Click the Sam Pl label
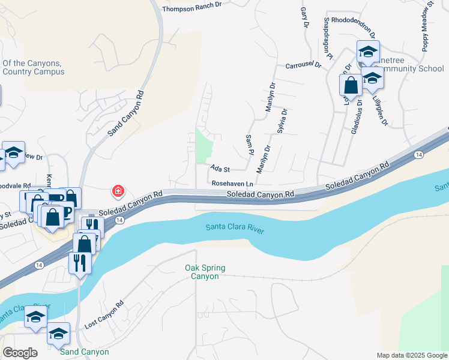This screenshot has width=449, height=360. (249, 143)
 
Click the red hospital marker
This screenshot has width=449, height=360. (118, 191)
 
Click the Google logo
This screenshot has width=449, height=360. (20, 353)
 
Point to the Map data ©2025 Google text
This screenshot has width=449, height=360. (411, 355)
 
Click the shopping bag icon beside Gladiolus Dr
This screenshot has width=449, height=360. (351, 85)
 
